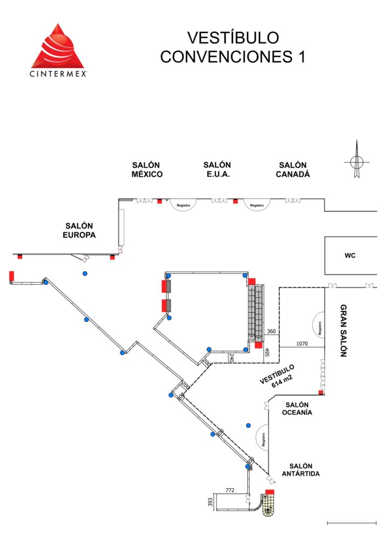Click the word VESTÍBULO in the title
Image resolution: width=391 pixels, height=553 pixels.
(x=233, y=38)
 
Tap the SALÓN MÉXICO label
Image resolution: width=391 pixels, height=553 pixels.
(x=147, y=170)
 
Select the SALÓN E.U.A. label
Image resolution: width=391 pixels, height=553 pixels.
(x=217, y=170)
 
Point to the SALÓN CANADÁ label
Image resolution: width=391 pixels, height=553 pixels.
(x=293, y=170)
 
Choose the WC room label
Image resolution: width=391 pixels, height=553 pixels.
(x=350, y=255)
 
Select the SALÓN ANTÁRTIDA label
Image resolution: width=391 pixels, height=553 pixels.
(x=301, y=470)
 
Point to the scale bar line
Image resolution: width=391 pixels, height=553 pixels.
(x=352, y=522)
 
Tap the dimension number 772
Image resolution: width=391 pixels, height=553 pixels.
(x=230, y=490)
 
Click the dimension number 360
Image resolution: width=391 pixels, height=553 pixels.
(x=272, y=331)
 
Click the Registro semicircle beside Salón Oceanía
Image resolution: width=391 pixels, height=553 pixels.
(x=262, y=439)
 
